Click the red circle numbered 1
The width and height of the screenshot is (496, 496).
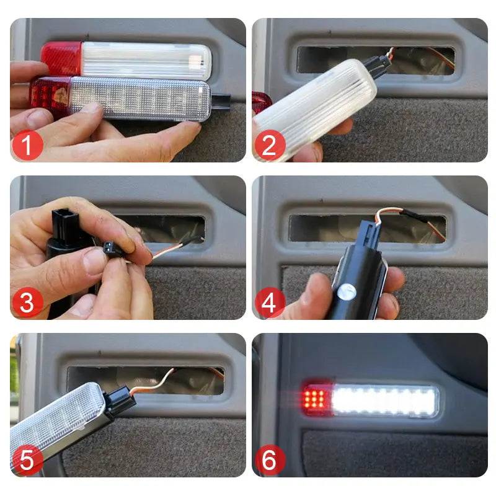click(27, 145)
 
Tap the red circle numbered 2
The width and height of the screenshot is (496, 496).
click(270, 145)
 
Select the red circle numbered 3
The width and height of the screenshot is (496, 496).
click(27, 303)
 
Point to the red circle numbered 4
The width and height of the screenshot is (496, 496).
click(270, 303)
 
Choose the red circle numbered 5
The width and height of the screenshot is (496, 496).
click(27, 460)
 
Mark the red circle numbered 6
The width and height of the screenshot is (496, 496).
click(270, 460)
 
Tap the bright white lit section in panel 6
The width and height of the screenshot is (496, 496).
click(384, 400)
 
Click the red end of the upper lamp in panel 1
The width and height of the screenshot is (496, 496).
click(61, 58)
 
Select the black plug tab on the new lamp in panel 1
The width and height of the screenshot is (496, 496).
click(221, 102)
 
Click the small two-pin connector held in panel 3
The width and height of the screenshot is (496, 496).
click(112, 249)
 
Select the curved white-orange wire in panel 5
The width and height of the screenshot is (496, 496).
click(155, 383)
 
